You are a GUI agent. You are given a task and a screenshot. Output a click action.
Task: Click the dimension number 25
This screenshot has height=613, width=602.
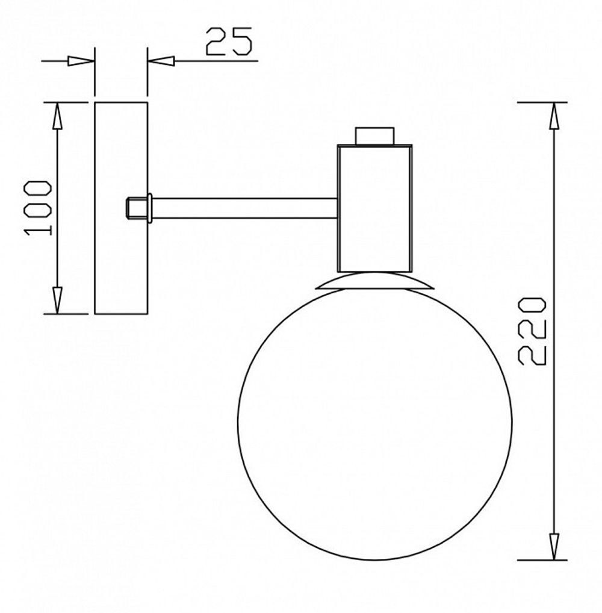point(228,42)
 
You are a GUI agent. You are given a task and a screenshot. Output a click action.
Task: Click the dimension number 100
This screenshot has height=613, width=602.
point(39,208)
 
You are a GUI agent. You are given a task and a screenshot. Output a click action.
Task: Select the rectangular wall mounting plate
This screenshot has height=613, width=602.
point(121,208)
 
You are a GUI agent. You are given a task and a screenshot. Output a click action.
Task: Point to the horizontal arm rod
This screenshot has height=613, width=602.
point(244,208)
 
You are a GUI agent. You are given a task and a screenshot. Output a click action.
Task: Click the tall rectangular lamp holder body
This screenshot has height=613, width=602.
point(374,208)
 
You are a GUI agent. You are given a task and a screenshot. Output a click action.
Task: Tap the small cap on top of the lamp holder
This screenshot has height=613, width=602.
point(374,135)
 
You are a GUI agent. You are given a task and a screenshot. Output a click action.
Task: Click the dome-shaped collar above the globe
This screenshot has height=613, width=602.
point(374,282)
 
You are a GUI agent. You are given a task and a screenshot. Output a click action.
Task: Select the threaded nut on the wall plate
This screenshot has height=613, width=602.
point(135,208)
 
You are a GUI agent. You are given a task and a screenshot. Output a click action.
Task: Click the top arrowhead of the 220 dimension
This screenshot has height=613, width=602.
point(554,116)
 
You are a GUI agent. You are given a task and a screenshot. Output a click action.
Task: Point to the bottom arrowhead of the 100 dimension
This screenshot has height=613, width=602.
point(57,300)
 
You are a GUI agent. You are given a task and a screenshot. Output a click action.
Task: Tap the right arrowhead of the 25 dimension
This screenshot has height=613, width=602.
point(161,61)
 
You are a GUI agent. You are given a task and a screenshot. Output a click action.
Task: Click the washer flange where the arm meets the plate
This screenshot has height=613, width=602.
point(150,208)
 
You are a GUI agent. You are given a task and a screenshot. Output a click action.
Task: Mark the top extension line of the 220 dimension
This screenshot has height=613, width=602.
point(542,102)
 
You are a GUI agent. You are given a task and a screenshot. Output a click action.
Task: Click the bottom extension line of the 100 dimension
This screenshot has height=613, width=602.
point(66,314)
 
